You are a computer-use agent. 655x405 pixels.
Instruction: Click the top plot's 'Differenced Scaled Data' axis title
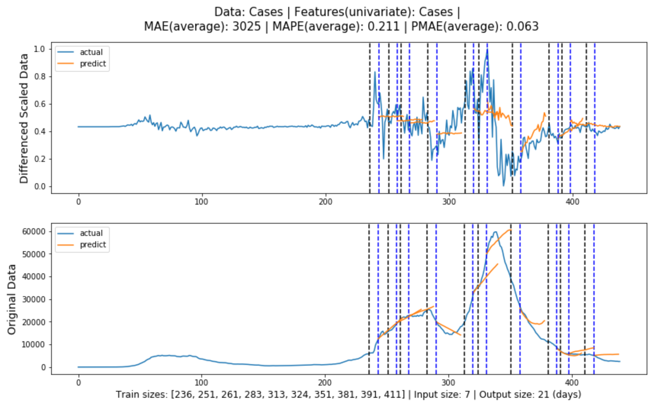(24, 118)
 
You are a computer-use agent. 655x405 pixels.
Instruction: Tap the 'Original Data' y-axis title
(12, 299)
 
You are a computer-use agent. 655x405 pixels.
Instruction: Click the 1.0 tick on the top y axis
(39, 49)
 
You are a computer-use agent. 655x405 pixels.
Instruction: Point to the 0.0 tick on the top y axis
(39, 187)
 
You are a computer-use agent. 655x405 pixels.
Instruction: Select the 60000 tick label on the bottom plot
(34, 232)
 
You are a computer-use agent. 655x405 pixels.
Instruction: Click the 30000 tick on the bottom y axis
(34, 299)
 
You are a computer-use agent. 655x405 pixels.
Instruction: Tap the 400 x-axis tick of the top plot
(572, 202)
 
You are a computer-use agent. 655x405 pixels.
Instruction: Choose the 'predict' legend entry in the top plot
(93, 64)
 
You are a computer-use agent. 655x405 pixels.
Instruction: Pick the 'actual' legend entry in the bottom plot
(91, 233)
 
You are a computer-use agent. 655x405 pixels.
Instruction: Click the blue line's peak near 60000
(495, 232)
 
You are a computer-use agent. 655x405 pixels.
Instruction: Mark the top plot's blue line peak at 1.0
(487, 49)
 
